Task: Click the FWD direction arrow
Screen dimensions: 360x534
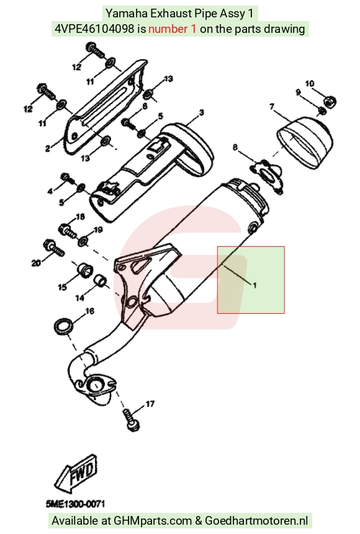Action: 76,474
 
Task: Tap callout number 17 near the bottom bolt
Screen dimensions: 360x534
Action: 150,404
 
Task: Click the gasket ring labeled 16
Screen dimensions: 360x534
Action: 64,326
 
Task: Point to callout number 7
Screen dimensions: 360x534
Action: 272,107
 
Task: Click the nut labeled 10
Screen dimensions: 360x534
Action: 330,100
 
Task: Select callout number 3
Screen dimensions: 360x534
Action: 202,112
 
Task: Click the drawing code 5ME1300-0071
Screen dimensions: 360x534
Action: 76,504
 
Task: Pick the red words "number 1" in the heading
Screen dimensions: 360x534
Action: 172,29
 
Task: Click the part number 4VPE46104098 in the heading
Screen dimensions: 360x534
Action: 94,29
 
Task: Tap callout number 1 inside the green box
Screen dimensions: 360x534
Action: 254,285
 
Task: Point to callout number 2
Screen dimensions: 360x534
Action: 48,148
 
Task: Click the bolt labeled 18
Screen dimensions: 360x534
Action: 68,230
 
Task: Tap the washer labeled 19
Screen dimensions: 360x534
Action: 83,242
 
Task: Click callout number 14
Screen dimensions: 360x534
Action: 80,298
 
